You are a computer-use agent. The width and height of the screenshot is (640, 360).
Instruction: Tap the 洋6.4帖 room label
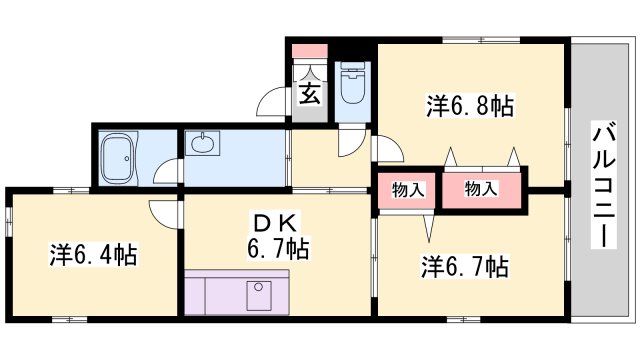click(93, 255)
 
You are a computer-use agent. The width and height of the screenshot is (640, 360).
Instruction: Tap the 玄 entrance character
click(310, 95)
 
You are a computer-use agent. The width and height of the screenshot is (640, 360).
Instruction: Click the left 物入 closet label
click(407, 190)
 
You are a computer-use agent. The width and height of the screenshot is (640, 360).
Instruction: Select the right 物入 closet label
click(481, 190)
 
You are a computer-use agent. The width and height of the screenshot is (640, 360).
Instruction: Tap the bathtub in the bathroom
click(121, 159)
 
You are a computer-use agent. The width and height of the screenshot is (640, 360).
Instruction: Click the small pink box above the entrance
click(310, 49)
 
